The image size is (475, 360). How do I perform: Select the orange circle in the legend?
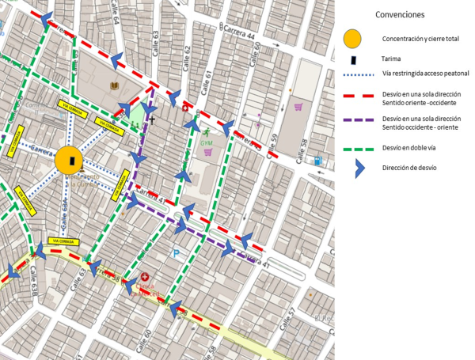coord(352,38)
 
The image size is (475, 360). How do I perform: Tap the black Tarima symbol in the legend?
coord(352,58)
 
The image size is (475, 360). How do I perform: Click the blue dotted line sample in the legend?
coord(353,74)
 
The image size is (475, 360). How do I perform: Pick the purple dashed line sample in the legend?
coord(353,122)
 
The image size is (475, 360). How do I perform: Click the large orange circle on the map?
coord(70,161)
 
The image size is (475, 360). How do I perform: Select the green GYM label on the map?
coord(207,143)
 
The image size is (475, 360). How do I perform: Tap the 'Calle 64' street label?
coord(116,14)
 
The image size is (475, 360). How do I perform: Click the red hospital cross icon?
coord(145,277)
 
